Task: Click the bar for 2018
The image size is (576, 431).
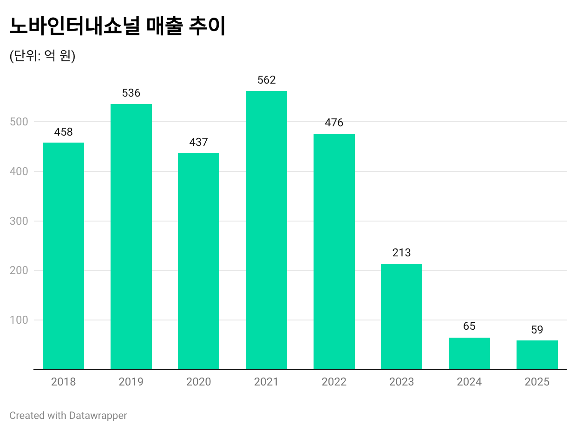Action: [63, 256]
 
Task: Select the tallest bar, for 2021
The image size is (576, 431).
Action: [266, 230]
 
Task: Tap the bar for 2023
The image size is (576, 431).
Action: [401, 317]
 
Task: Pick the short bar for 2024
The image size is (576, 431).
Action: [469, 353]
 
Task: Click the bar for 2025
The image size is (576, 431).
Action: [537, 355]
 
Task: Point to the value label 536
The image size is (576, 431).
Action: [131, 93]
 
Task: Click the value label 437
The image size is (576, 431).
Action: [198, 142]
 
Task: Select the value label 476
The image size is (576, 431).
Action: [334, 123]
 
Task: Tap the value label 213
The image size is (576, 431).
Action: [401, 253]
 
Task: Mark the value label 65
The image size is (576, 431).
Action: [469, 326]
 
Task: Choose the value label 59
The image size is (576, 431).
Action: [537, 330]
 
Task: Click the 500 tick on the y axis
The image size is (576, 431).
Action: [19, 122]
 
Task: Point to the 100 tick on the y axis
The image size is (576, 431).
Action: [19, 320]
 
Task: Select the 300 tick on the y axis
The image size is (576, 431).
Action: [19, 221]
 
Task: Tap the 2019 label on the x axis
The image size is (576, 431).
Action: [131, 382]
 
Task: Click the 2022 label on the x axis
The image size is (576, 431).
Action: [334, 382]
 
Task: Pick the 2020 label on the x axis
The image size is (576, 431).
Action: [198, 382]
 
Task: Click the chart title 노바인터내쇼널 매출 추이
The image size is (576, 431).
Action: [117, 26]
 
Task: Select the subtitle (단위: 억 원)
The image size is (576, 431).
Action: [42, 56]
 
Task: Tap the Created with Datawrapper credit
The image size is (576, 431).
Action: [68, 415]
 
